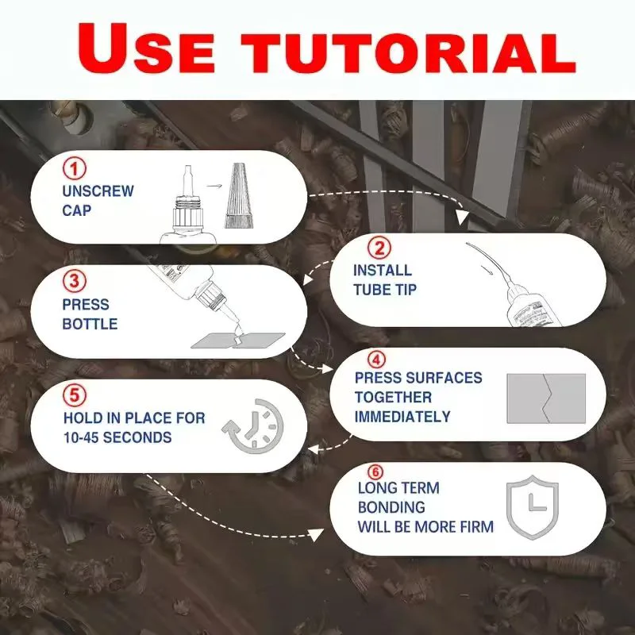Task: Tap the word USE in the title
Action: [146, 48]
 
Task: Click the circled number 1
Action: [75, 169]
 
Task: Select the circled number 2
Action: [379, 248]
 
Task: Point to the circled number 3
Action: [75, 281]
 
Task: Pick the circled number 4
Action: [376, 360]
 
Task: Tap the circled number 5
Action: [75, 394]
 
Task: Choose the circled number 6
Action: [375, 471]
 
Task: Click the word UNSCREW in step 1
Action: [98, 191]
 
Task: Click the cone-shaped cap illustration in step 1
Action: [239, 195]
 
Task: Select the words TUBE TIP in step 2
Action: [385, 290]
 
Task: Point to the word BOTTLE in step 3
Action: [90, 324]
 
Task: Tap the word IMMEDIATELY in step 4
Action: [402, 417]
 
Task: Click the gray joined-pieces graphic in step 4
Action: [546, 398]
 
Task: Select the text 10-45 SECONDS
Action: [117, 437]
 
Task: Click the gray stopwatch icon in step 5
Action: [252, 426]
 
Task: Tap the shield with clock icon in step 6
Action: [533, 506]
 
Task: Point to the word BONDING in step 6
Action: [391, 507]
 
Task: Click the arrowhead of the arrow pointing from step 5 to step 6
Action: [316, 535]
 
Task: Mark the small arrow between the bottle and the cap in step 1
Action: [214, 186]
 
